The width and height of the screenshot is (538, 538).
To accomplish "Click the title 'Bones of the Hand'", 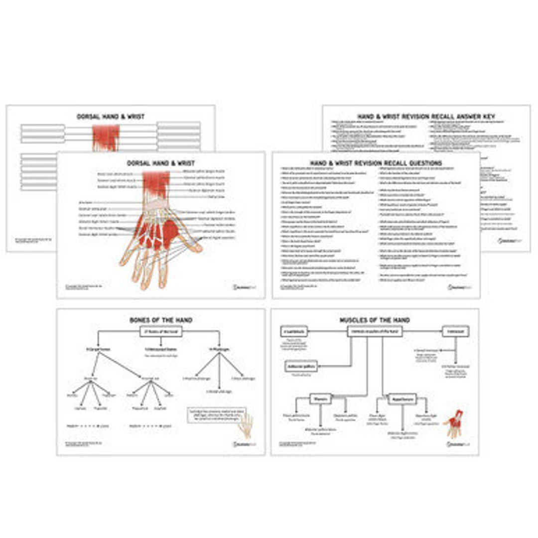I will (x=160, y=320).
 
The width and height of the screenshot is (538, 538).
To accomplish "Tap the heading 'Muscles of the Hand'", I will (x=374, y=320).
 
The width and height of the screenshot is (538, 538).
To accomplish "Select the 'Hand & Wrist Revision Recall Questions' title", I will (x=376, y=163).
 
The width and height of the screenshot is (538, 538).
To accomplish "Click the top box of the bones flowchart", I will (x=160, y=331).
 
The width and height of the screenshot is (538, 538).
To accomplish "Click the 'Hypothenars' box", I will (x=402, y=399).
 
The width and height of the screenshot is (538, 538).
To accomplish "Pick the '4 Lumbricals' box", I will (x=294, y=331).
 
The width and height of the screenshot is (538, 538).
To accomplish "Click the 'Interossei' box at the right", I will (x=455, y=331).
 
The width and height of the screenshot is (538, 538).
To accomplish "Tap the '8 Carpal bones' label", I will (x=98, y=350).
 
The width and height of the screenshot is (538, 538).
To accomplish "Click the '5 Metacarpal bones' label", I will (x=160, y=350).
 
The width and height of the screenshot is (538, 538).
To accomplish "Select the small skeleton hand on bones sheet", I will (x=245, y=425).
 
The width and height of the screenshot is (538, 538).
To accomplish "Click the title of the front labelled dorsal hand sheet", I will (x=160, y=163).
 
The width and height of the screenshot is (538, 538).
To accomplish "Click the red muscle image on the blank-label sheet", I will (x=106, y=137).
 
